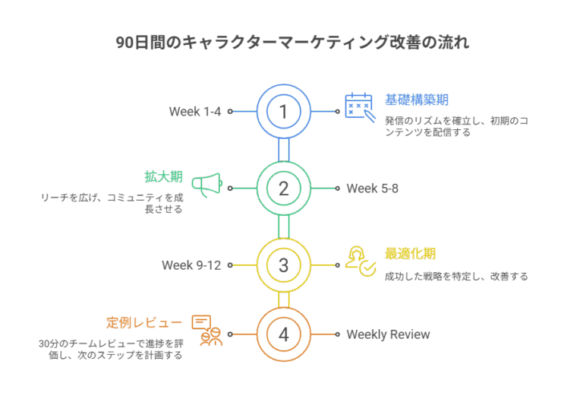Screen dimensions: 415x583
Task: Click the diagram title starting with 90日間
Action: click(291, 43)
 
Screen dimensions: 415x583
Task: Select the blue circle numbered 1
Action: click(284, 112)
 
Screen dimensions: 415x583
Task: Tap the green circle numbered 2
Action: click(284, 188)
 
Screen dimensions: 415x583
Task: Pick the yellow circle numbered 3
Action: click(284, 265)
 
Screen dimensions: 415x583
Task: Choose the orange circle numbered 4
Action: click(284, 334)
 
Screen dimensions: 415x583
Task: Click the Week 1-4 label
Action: click(195, 112)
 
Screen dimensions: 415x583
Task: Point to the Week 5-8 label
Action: click(372, 188)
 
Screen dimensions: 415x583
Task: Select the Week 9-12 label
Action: click(191, 265)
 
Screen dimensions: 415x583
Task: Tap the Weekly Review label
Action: click(388, 334)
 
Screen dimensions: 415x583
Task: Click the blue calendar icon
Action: click(360, 106)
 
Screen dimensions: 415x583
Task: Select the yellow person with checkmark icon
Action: click(360, 260)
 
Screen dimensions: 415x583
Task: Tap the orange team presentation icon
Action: click(206, 330)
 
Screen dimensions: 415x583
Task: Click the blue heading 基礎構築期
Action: click(417, 100)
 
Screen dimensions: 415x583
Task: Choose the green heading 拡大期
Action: click(164, 176)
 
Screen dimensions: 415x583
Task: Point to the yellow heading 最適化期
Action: click(411, 253)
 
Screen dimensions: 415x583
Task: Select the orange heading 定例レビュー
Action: click(145, 322)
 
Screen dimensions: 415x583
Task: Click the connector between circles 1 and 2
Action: click(284, 150)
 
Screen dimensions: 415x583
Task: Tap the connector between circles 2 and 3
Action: click(284, 227)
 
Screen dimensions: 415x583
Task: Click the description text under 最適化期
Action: click(456, 277)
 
